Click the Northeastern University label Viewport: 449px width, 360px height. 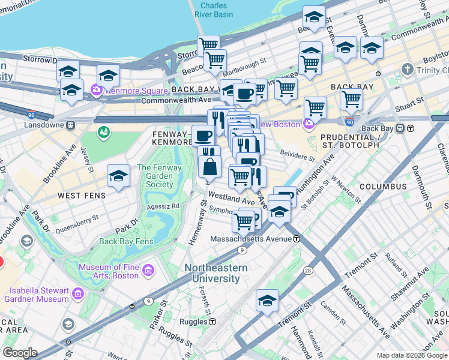tap(212, 273)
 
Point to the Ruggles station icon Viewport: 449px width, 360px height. tap(212, 321)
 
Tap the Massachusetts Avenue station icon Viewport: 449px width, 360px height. tap(297, 238)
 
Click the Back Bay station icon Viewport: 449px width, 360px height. tap(411, 128)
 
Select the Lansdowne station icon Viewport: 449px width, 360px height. tap(70, 125)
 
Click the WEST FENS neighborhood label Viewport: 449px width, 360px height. tap(82, 196)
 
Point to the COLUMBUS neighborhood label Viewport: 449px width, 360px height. tap(382, 187)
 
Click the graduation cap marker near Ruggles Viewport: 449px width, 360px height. tap(267, 301)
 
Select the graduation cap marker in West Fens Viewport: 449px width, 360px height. tap(118, 176)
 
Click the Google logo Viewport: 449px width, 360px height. tap(20, 352)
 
